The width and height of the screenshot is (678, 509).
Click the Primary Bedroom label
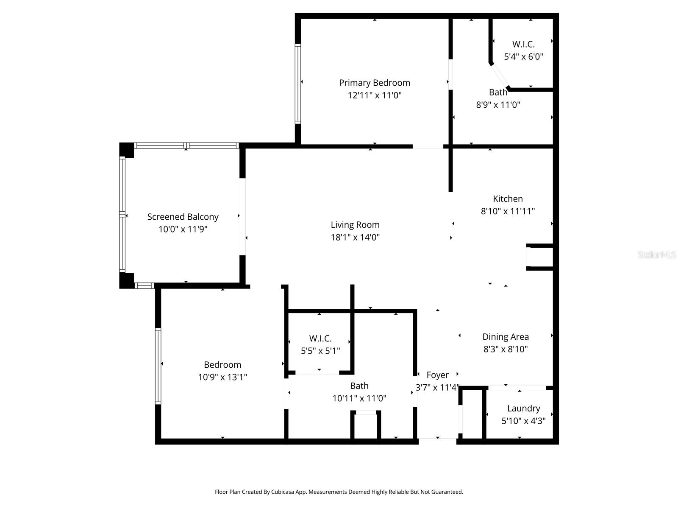point(374,83)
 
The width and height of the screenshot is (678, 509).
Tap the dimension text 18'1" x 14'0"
point(355,237)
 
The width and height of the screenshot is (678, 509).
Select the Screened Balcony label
point(183,217)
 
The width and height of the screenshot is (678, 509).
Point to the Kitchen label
point(508,199)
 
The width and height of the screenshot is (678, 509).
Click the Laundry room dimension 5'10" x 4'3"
point(523,421)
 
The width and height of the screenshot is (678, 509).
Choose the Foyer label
point(437,375)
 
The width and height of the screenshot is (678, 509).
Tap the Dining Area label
point(506,337)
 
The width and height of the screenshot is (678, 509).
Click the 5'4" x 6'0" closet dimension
point(523,56)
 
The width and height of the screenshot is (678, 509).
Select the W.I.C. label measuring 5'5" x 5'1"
point(320,338)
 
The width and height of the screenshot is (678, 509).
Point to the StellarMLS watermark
point(656,255)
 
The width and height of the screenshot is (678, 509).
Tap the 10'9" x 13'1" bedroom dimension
point(222,377)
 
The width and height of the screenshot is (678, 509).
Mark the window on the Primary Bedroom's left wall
point(298,84)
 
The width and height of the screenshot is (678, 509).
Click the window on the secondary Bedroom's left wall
point(158,366)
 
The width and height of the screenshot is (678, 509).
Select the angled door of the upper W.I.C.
point(500,77)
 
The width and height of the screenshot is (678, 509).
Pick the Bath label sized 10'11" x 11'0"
point(359,386)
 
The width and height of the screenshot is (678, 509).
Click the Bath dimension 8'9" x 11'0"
point(498,105)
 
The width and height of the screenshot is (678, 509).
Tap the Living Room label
point(355,225)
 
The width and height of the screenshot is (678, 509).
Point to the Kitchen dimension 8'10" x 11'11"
point(508,211)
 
